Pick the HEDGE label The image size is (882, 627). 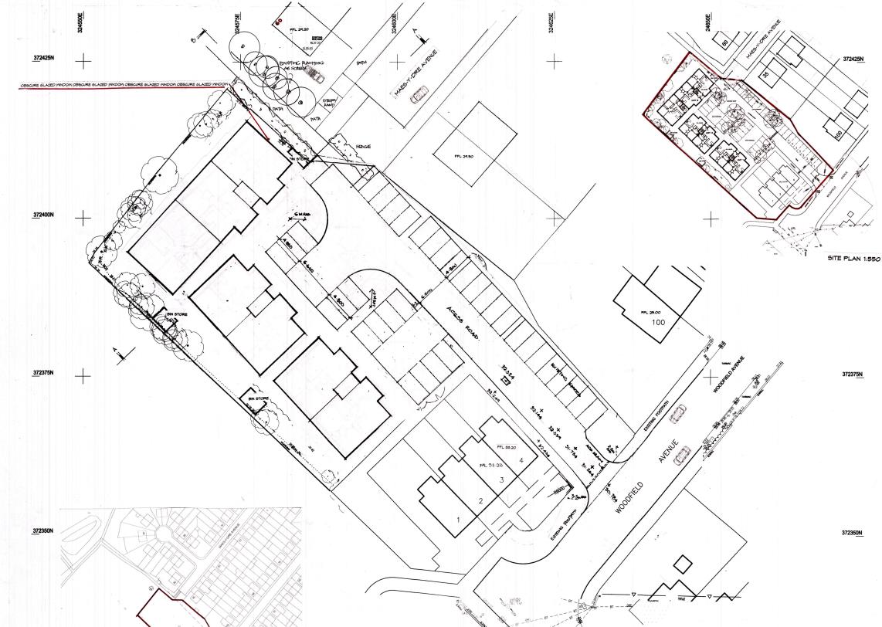click(364, 146)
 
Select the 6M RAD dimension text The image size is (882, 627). click(302, 213)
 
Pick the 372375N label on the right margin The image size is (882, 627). click(853, 374)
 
